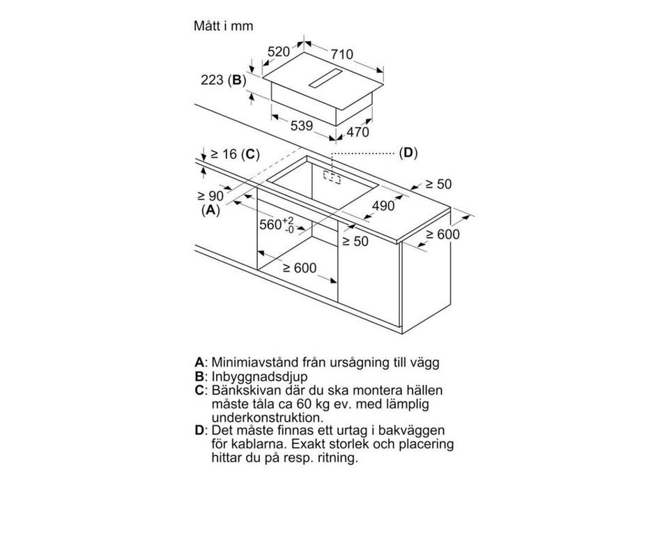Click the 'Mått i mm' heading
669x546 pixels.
pos(223,26)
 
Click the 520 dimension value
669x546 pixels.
pos(279,52)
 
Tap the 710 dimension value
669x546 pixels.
pos(342,54)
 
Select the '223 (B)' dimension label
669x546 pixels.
pos(223,79)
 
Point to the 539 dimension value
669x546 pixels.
pos(302,126)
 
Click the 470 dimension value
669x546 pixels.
pos(357,132)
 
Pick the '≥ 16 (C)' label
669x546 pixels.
pos(235,154)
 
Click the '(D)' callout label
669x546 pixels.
pos(408,153)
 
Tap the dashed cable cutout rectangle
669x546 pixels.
pos(332,177)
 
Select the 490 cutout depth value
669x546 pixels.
pos(383,206)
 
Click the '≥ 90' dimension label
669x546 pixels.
pos(210,196)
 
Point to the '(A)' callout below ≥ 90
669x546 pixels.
pos(210,210)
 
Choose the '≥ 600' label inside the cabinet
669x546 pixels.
pos(300,268)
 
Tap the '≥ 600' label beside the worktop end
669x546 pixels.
pos(443,234)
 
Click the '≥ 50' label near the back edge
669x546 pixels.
pos(438,184)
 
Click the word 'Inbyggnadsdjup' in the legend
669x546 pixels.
pos(259,377)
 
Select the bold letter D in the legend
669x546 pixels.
pos(199,430)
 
